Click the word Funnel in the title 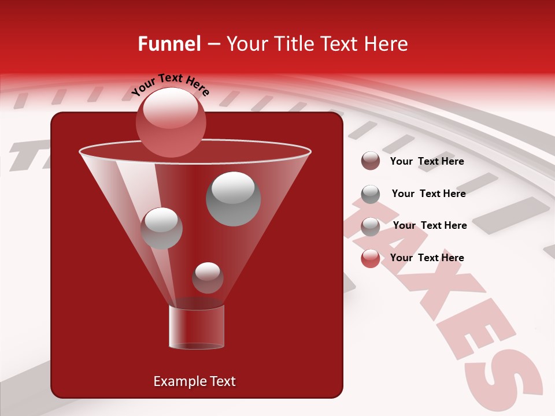[x=169, y=44]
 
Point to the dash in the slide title [x=213, y=44]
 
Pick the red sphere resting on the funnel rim [x=171, y=122]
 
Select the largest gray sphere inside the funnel [x=233, y=199]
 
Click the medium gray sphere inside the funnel [x=161, y=228]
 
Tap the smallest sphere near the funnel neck [x=208, y=277]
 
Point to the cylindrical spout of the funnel [x=197, y=327]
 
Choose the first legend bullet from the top [x=371, y=161]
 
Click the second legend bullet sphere [x=371, y=194]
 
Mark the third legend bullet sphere [x=371, y=226]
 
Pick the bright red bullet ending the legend [x=371, y=258]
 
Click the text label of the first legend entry [x=427, y=161]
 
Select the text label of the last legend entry [x=427, y=258]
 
